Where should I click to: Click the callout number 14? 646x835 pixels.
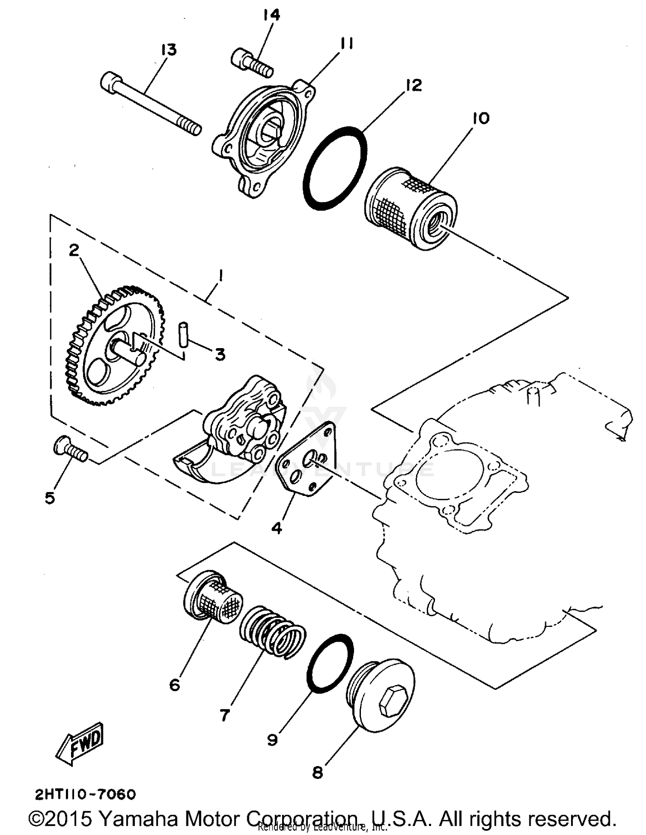[271, 15]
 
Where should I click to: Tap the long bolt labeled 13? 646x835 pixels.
[151, 105]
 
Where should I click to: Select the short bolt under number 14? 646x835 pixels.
[252, 63]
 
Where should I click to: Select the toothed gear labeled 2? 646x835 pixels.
[114, 345]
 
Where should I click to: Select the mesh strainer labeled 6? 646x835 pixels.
[213, 596]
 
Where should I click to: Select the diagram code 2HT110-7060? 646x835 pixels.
[85, 794]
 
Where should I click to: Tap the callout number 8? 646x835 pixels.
[317, 773]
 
